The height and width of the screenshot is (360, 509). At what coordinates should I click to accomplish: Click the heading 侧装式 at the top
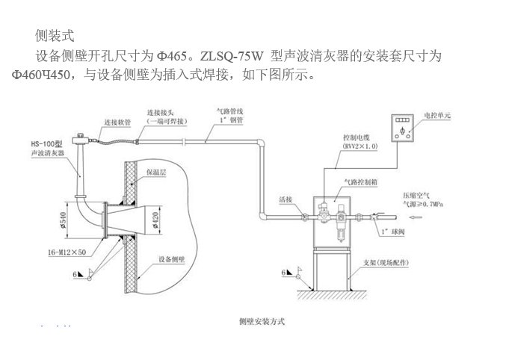coord(55,35)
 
